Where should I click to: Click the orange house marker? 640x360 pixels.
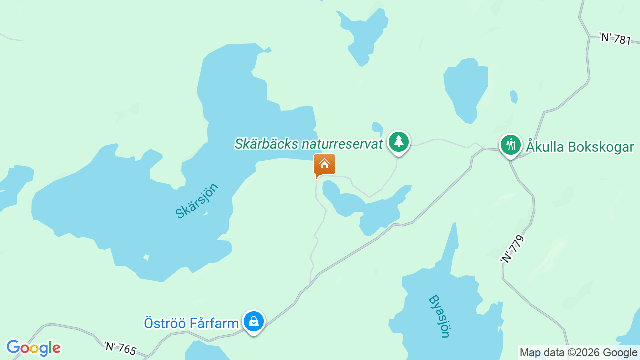[324, 164]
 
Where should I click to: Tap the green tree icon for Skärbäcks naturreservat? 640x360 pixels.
[398, 142]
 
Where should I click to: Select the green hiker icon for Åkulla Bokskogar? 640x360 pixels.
[510, 145]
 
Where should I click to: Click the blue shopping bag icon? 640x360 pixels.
[254, 321]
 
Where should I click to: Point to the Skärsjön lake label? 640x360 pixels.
[197, 201]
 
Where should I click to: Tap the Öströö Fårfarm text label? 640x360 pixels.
[191, 323]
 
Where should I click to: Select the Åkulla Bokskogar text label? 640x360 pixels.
[580, 147]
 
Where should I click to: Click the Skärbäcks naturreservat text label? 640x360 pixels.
[308, 144]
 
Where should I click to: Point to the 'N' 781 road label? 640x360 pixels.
[615, 38]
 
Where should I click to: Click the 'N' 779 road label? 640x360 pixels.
[512, 250]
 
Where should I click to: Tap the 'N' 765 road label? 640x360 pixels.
[120, 348]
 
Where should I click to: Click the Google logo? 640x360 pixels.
[33, 348]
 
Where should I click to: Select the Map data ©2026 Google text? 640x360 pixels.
[578, 353]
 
